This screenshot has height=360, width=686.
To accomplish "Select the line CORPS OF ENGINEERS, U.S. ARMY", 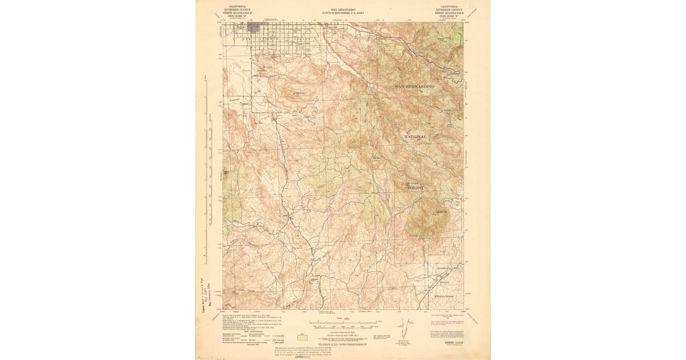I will tap(343, 11).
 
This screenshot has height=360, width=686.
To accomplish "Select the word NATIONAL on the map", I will tap(416, 138).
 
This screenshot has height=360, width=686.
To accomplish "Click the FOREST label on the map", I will tap(416, 187).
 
